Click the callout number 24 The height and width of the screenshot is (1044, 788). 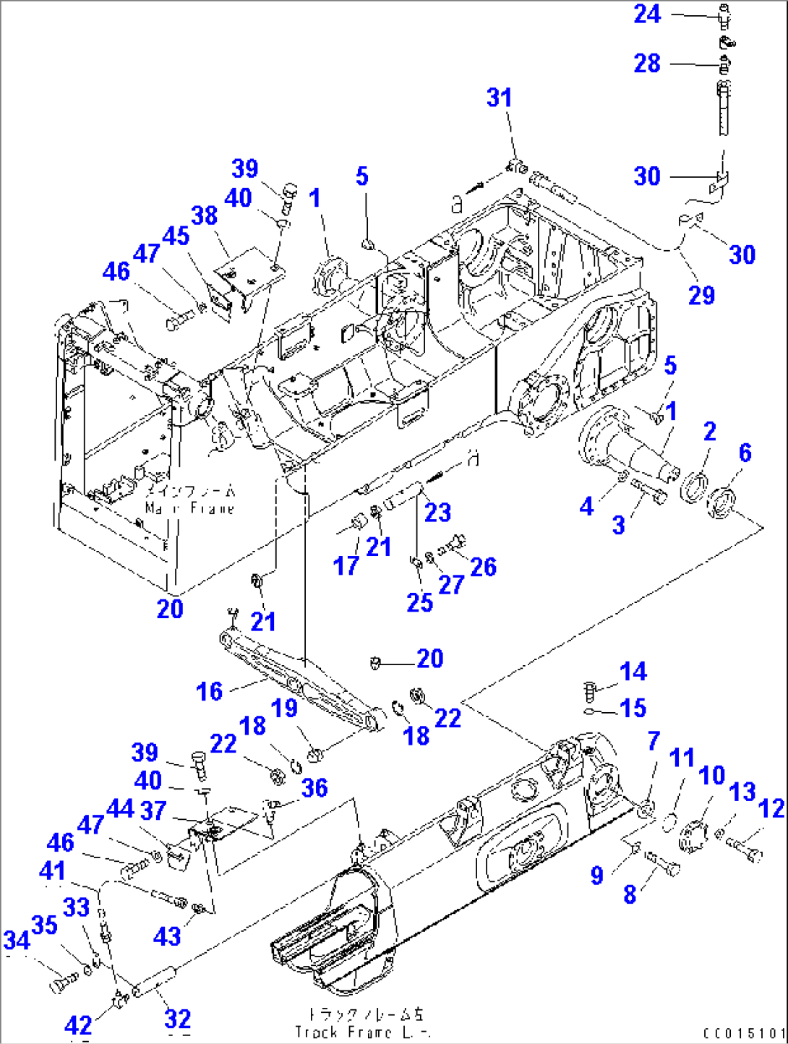[x=647, y=14]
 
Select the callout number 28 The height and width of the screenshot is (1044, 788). [x=647, y=63]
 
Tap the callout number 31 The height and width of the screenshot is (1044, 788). [x=499, y=98]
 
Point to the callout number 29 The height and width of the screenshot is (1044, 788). [x=701, y=295]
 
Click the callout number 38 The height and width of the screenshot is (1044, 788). [x=204, y=215]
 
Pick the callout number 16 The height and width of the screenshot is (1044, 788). [x=209, y=691]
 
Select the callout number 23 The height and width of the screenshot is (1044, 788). [x=437, y=513]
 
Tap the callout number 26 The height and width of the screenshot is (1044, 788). [x=483, y=567]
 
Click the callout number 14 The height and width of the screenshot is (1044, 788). [x=633, y=672]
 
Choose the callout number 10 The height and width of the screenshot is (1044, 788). [x=711, y=775]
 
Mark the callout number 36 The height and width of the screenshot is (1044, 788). [x=314, y=787]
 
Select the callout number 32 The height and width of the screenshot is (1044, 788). [x=177, y=1019]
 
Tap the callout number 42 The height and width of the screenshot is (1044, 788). [x=78, y=1025]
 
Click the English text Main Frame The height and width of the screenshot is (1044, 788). [x=189, y=508]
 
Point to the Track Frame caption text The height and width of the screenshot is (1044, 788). [x=361, y=1032]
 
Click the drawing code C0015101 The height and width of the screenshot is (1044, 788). [x=744, y=1034]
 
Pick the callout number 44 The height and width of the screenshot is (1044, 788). [x=120, y=808]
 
